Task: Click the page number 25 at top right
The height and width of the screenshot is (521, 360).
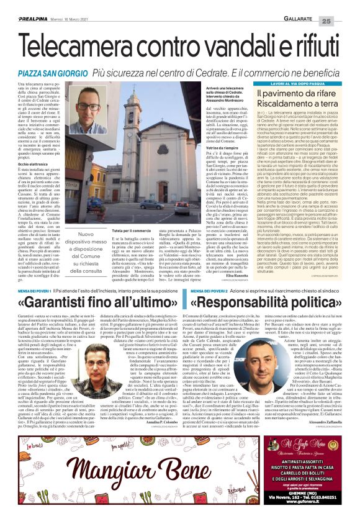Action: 345,20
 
